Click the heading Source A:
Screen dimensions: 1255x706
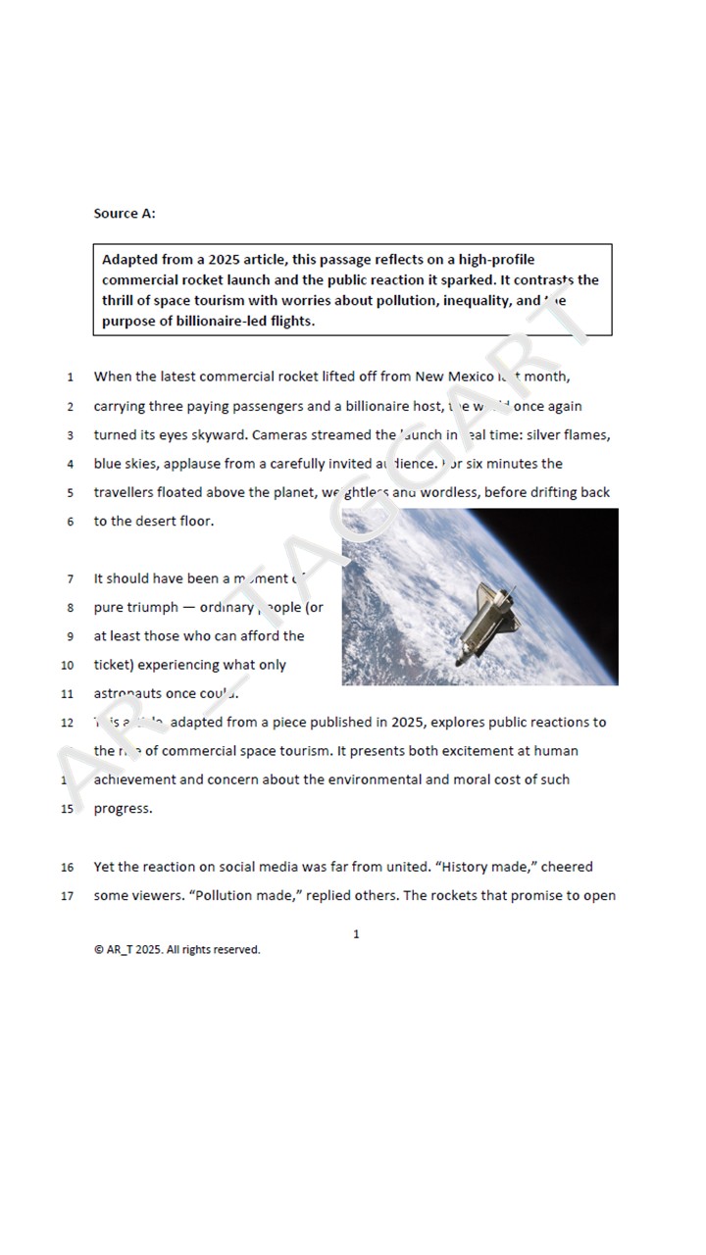(x=125, y=213)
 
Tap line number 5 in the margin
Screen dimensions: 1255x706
(x=70, y=493)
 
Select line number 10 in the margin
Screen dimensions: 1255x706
(x=68, y=665)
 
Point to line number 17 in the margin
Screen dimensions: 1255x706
(x=68, y=896)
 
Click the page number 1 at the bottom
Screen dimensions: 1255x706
(x=356, y=934)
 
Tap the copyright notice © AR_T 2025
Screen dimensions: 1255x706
(x=176, y=949)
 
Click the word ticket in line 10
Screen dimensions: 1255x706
(x=118, y=665)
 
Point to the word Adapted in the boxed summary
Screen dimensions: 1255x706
(x=131, y=260)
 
